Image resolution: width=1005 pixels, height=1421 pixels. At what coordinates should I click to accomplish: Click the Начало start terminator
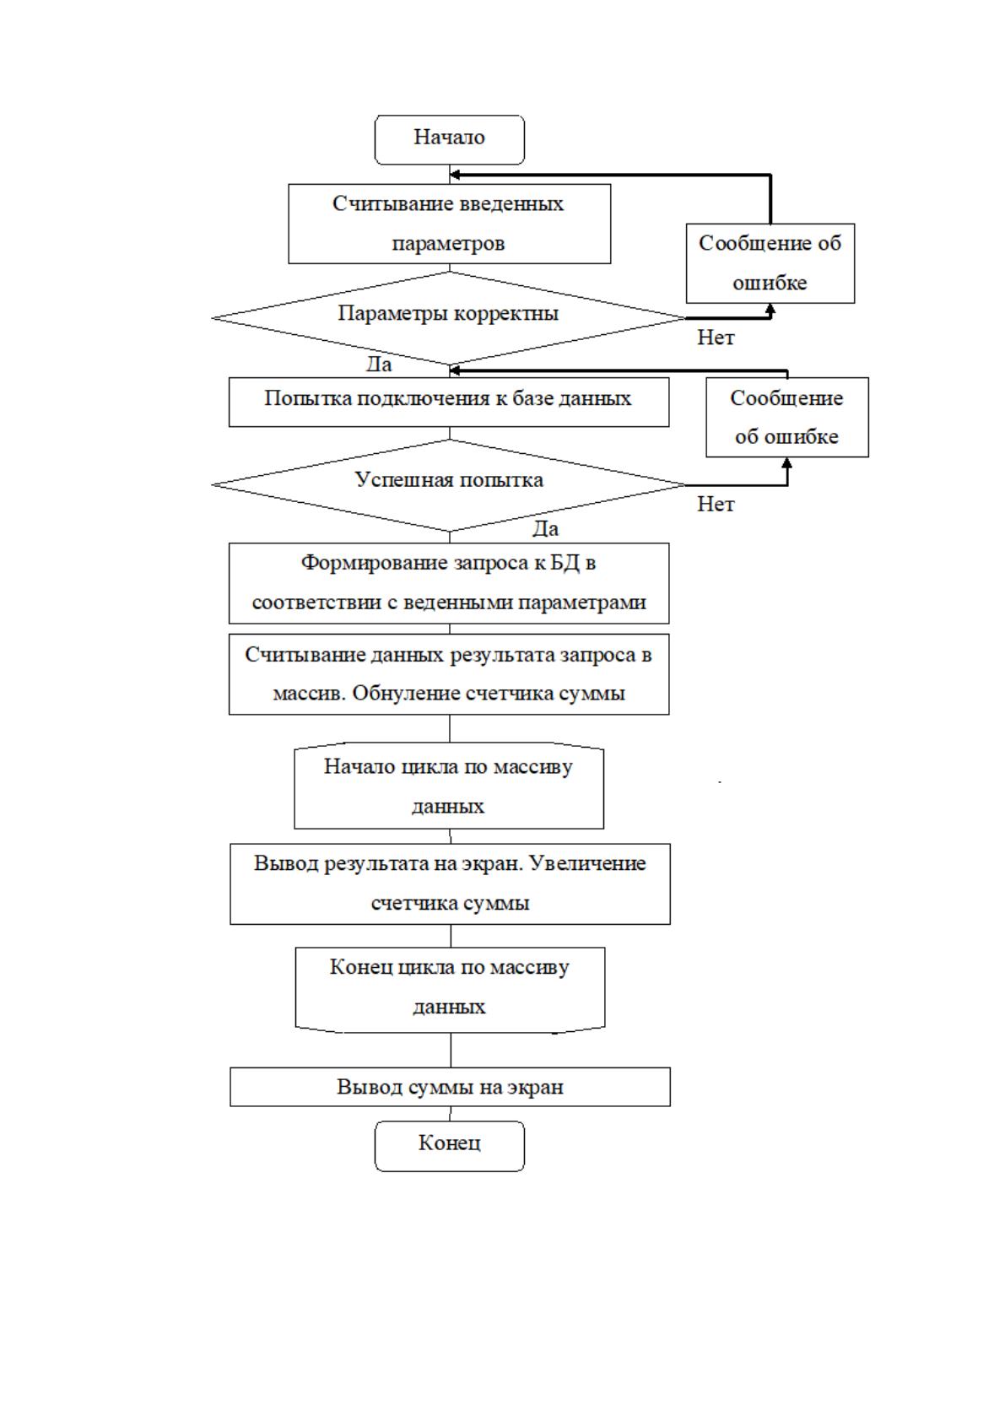(449, 139)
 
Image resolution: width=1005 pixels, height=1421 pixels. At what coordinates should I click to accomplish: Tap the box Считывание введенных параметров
(449, 224)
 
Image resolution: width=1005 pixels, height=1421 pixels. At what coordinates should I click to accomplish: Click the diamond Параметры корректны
(449, 318)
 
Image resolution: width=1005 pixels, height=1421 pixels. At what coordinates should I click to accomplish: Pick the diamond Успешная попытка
(449, 484)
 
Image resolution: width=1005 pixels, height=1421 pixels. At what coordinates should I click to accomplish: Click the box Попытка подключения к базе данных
(449, 403)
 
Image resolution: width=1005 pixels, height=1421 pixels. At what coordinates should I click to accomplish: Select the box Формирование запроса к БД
(449, 583)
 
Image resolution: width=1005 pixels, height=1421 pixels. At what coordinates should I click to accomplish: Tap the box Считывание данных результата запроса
(449, 673)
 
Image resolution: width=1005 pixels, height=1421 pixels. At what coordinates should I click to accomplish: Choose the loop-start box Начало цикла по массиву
(449, 786)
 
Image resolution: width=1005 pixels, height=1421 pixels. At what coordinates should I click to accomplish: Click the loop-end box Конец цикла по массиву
(450, 990)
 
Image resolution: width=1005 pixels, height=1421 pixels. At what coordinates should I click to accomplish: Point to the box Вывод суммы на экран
(450, 1087)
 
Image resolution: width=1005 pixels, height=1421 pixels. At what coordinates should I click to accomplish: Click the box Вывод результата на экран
(450, 883)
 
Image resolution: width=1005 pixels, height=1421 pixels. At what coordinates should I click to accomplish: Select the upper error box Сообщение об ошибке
(770, 263)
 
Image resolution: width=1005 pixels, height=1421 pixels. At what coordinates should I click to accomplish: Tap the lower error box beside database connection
(787, 418)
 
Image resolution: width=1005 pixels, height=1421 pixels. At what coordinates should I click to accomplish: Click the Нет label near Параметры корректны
(716, 338)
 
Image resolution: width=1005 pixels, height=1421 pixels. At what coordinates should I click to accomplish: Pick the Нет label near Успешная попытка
(716, 505)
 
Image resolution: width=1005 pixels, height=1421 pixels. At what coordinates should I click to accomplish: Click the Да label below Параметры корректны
(379, 365)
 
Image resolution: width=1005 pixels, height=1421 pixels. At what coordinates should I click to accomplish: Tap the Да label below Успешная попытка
(546, 528)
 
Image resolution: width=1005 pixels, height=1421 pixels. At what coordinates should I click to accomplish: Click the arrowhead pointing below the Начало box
(454, 175)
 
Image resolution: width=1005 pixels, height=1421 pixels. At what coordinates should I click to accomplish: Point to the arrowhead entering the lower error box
(787, 462)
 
